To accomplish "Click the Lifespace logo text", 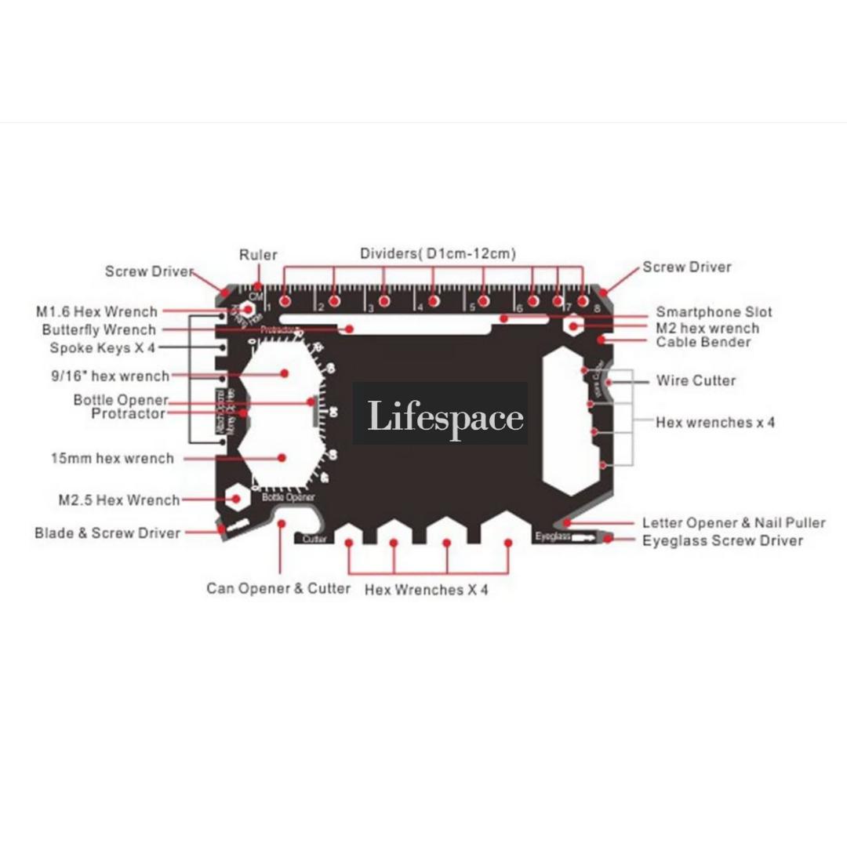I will tap(445, 416).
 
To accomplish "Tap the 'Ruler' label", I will tap(258, 255).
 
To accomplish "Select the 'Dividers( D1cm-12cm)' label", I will tap(438, 253).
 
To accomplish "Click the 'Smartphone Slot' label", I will tap(714, 312).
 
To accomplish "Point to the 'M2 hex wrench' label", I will tap(707, 328).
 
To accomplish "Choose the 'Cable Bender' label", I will tap(703, 342).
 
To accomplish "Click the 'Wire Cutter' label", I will tap(696, 381).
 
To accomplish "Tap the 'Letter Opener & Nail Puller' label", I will tap(733, 523).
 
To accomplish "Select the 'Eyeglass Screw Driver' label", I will tap(722, 540).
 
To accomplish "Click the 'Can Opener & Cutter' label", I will tap(278, 588).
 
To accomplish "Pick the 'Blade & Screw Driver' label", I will tap(107, 533).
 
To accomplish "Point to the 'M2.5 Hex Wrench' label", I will tap(118, 500).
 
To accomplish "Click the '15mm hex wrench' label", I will tap(112, 458).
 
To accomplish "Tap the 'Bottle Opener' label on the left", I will tap(121, 400).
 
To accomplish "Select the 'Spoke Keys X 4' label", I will tap(103, 347).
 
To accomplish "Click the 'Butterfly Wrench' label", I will tap(99, 330).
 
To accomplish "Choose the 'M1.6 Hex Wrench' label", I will tap(96, 312).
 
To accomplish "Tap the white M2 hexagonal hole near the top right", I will tap(573, 324).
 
